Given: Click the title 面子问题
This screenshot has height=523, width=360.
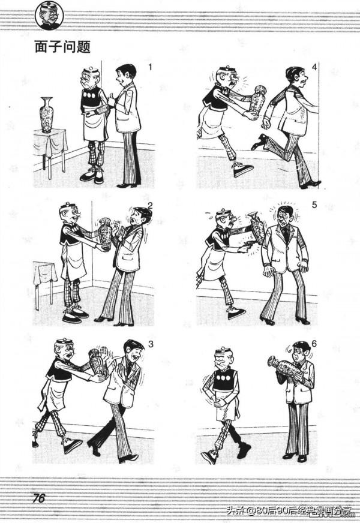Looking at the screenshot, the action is coord(62,47).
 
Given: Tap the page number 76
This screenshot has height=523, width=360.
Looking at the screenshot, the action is coord(39,498).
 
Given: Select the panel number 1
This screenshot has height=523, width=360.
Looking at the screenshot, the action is coord(150,67).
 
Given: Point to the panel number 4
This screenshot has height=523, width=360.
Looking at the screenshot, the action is coord(314,67).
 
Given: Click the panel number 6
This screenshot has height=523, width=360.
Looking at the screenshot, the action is coord(313,344).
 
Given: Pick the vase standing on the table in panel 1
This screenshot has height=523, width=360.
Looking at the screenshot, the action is coord(46,115).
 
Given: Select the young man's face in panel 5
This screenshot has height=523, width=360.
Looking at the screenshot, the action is coord(284,217).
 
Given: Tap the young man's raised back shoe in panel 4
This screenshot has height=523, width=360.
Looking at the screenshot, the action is coord(259,142).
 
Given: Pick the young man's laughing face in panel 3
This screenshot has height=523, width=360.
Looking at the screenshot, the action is coord(136,355).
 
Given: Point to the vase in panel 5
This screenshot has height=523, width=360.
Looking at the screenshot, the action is coord(257,228).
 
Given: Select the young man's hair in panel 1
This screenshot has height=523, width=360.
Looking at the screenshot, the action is coord(127,70).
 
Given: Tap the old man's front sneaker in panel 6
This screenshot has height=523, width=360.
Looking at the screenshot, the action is coord(209,456).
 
